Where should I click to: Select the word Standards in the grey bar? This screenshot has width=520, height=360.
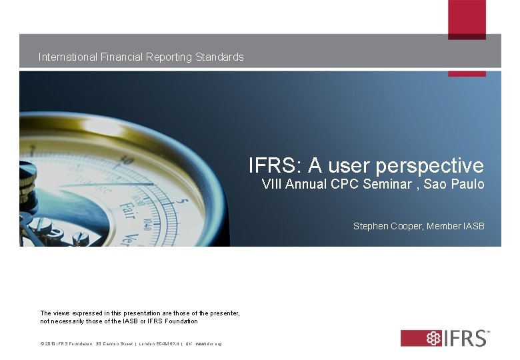[220, 57]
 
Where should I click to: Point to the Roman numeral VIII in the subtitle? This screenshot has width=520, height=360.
[273, 185]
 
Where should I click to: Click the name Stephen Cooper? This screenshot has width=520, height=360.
[388, 227]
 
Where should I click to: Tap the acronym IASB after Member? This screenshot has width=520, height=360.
[473, 227]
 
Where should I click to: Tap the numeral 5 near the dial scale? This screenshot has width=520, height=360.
[184, 201]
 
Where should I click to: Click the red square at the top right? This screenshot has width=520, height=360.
[467, 19]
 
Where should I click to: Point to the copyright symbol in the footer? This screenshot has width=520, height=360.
[42, 343]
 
